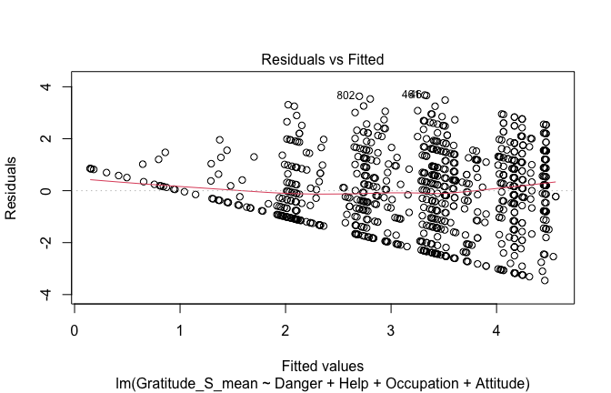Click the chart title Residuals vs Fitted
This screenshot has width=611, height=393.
323,60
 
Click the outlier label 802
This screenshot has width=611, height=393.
345,96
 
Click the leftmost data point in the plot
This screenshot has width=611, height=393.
90,168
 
